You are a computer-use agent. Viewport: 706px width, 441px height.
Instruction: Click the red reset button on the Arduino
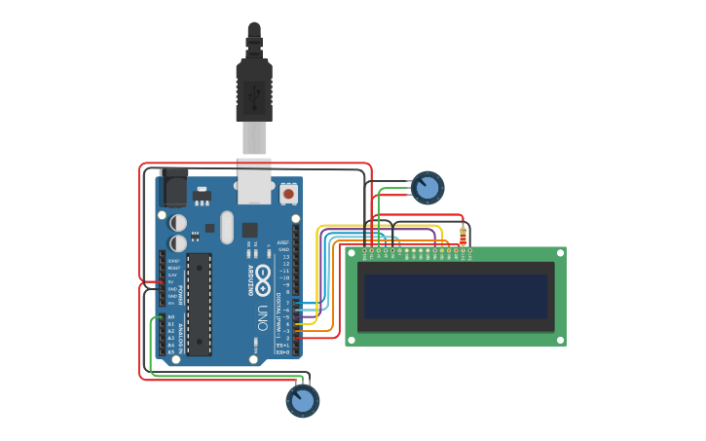(x=288, y=194)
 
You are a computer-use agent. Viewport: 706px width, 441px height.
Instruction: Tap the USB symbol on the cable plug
(x=253, y=96)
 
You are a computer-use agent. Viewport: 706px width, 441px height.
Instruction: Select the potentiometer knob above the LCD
(x=427, y=187)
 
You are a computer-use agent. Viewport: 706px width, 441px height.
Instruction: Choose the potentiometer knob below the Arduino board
(x=302, y=400)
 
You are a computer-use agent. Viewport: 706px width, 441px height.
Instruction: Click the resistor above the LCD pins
(x=463, y=235)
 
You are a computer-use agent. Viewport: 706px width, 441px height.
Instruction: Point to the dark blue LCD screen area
(x=455, y=296)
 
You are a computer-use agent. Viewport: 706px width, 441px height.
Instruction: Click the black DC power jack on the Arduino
(x=174, y=188)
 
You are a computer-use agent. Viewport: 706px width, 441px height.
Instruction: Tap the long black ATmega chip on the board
(x=199, y=304)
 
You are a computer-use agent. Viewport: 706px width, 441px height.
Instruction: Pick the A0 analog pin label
(x=171, y=317)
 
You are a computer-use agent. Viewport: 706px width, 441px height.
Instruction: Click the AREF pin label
(x=283, y=242)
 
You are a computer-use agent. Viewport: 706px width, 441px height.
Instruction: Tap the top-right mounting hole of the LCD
(x=558, y=254)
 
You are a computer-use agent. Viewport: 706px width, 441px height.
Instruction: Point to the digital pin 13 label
(x=285, y=257)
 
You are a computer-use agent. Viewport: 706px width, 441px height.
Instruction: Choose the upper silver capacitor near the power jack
(x=178, y=222)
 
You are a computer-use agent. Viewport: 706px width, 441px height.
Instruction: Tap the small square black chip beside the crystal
(x=250, y=230)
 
